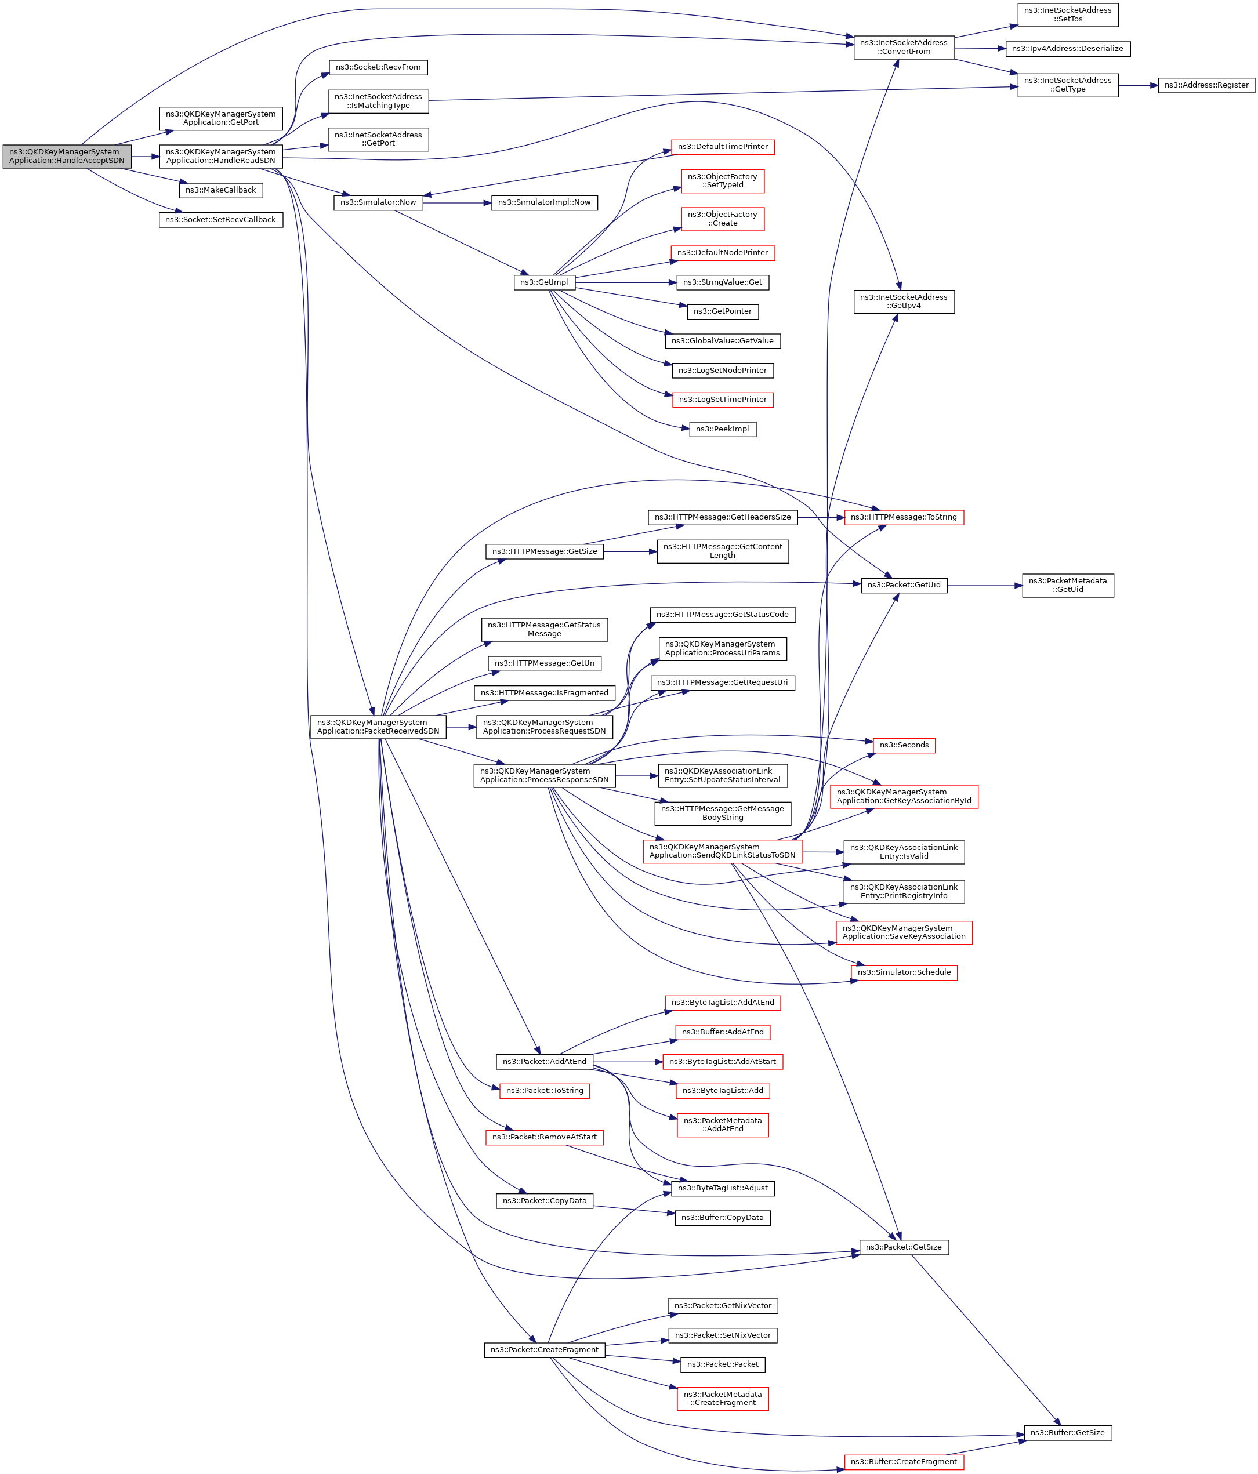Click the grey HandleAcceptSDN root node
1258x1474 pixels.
click(x=67, y=157)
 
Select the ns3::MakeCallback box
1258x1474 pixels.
click(x=220, y=191)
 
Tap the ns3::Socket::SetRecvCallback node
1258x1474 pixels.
click(x=220, y=220)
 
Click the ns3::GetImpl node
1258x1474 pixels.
click(x=545, y=282)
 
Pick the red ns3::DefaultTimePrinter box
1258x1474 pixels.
click(x=722, y=147)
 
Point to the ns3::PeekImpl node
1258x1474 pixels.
click(x=722, y=429)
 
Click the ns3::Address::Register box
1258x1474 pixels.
click(x=1206, y=85)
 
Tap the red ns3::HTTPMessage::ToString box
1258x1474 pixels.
click(x=904, y=517)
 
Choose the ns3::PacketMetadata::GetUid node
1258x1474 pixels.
click(x=1067, y=586)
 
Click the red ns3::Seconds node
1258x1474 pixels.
click(x=904, y=745)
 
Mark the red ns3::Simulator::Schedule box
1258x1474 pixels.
click(x=904, y=972)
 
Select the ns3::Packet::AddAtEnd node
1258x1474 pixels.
click(x=545, y=1061)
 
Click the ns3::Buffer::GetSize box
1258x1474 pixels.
click(x=1067, y=1433)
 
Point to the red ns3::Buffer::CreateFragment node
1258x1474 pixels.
click(x=904, y=1462)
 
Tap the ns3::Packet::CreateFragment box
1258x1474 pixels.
click(x=545, y=1349)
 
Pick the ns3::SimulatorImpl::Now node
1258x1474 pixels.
click(x=545, y=203)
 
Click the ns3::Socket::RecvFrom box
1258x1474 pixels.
click(x=378, y=68)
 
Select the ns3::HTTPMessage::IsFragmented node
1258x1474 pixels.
click(x=545, y=693)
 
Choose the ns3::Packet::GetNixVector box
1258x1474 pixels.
click(x=722, y=1306)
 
